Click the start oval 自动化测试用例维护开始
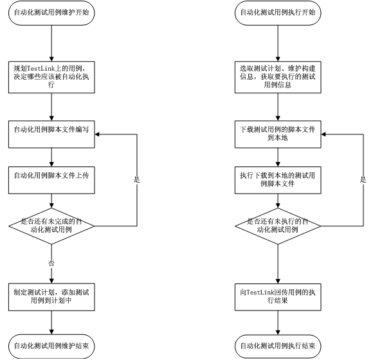click(x=51, y=13)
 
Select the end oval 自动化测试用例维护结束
click(x=51, y=346)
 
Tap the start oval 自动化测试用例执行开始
click(x=278, y=13)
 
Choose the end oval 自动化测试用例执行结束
click(x=278, y=346)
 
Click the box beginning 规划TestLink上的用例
click(x=51, y=77)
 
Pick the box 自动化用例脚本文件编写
click(x=51, y=134)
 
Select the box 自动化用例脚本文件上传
click(x=51, y=180)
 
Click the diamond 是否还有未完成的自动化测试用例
click(x=51, y=226)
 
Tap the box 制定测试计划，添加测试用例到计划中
click(x=51, y=297)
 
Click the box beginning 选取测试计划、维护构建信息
click(x=278, y=77)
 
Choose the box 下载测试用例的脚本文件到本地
click(x=278, y=134)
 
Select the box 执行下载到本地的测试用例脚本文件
click(x=278, y=180)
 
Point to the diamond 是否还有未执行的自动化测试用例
click(x=278, y=226)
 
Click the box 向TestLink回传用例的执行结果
click(x=278, y=297)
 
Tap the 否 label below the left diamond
click(x=51, y=263)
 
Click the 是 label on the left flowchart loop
click(x=136, y=179)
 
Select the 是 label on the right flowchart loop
click(x=363, y=179)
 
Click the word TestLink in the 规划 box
click(x=41, y=69)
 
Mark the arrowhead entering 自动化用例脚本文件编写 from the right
click(x=97, y=134)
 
